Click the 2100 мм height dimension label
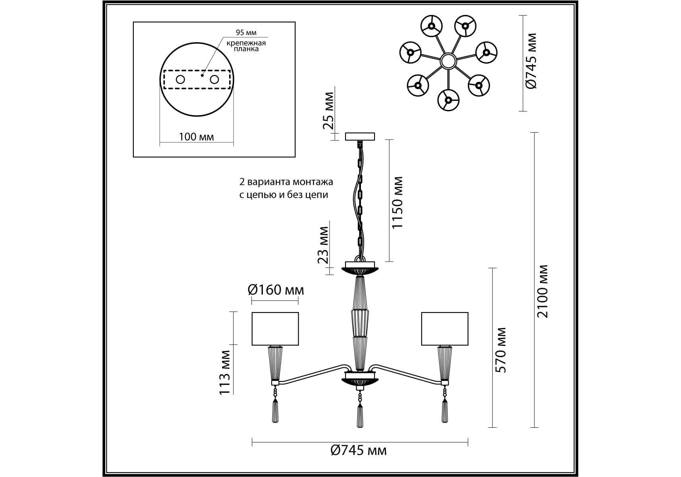click(542, 291)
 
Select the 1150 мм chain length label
click(397, 203)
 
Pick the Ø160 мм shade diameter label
click(276, 290)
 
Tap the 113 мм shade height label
click(225, 372)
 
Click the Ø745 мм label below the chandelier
click(358, 450)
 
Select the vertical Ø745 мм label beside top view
click(531, 61)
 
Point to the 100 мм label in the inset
click(196, 137)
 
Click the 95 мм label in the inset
click(246, 33)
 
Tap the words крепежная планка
click(246, 46)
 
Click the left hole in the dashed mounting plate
click(180, 79)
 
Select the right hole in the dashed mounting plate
click(214, 79)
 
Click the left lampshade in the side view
click(275, 329)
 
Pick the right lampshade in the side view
click(444, 329)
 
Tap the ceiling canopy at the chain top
click(360, 137)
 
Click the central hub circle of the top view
click(448, 61)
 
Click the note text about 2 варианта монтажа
click(286, 188)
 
